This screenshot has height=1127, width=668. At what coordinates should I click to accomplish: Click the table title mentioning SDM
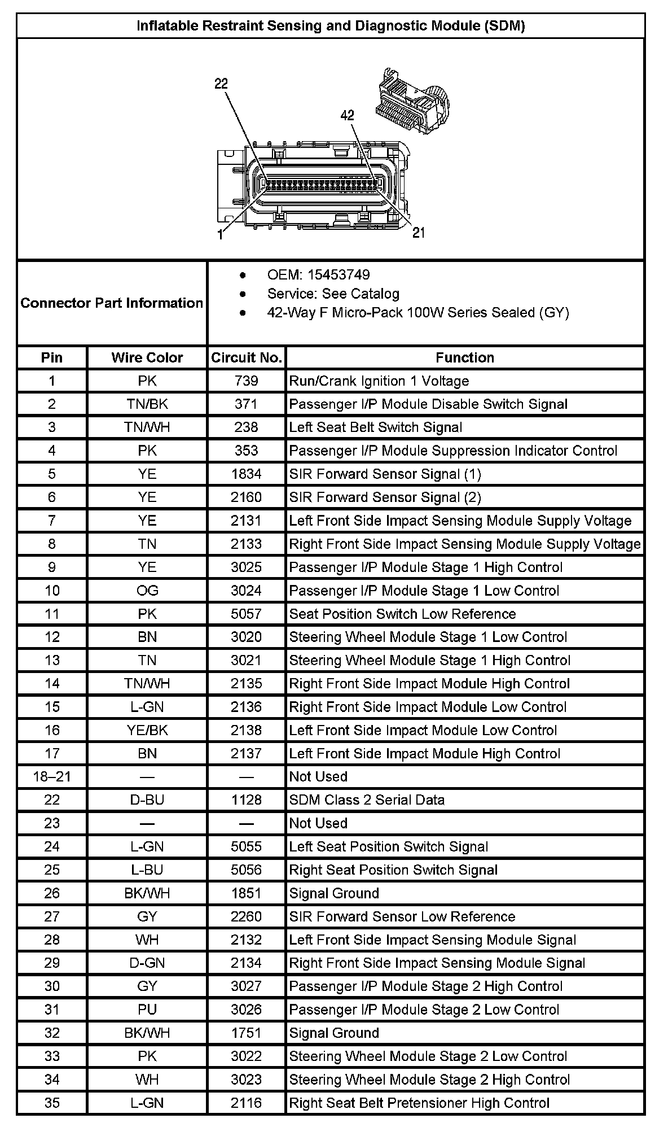click(x=331, y=26)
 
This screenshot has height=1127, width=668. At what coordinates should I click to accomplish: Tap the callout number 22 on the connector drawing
click(x=221, y=84)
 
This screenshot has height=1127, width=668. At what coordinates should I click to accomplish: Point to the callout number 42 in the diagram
click(x=348, y=115)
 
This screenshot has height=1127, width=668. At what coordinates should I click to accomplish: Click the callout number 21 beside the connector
click(x=419, y=233)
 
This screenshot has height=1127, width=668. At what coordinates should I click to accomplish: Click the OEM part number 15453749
click(x=318, y=275)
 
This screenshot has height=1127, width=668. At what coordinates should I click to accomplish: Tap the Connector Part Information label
click(x=112, y=303)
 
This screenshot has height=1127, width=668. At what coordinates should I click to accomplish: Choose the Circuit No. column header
click(x=246, y=357)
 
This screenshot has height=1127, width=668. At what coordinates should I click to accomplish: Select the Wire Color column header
click(x=147, y=357)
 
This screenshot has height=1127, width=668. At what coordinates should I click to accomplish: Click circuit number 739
click(x=246, y=381)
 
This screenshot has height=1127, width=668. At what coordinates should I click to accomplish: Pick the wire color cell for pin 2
click(x=147, y=404)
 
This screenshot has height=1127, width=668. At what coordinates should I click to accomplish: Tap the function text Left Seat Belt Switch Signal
click(x=376, y=427)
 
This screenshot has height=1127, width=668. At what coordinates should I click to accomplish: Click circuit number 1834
click(x=246, y=474)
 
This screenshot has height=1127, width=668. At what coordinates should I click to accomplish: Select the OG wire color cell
click(x=147, y=591)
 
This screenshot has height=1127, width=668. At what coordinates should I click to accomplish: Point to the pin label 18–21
click(x=52, y=777)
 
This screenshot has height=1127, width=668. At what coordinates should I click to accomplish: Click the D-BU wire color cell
click(x=147, y=800)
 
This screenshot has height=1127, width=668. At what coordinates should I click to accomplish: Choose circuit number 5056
click(x=246, y=870)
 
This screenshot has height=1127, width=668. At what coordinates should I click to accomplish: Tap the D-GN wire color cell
click(x=147, y=963)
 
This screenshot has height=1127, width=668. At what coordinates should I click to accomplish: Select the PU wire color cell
click(x=147, y=1010)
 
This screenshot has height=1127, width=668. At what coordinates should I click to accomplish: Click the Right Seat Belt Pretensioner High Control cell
click(x=419, y=1103)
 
